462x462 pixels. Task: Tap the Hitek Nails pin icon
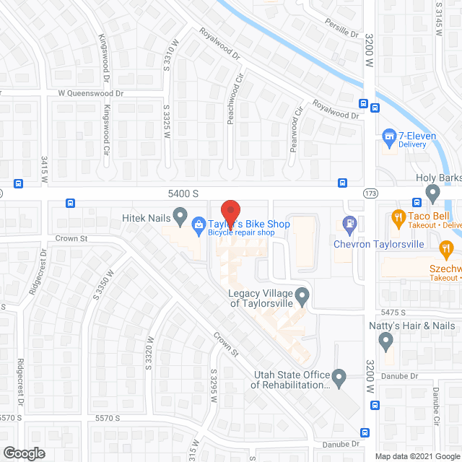click(x=180, y=216)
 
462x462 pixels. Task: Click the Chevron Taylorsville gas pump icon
click(x=349, y=224)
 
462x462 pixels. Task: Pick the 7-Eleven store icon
click(x=389, y=136)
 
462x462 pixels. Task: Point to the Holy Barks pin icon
click(x=432, y=193)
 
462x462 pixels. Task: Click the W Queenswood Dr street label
click(x=91, y=93)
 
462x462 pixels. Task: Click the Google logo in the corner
click(x=23, y=453)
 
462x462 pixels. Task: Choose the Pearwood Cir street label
click(x=295, y=130)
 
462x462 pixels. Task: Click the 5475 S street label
click(x=396, y=311)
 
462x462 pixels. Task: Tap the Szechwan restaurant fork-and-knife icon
click(x=446, y=250)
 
